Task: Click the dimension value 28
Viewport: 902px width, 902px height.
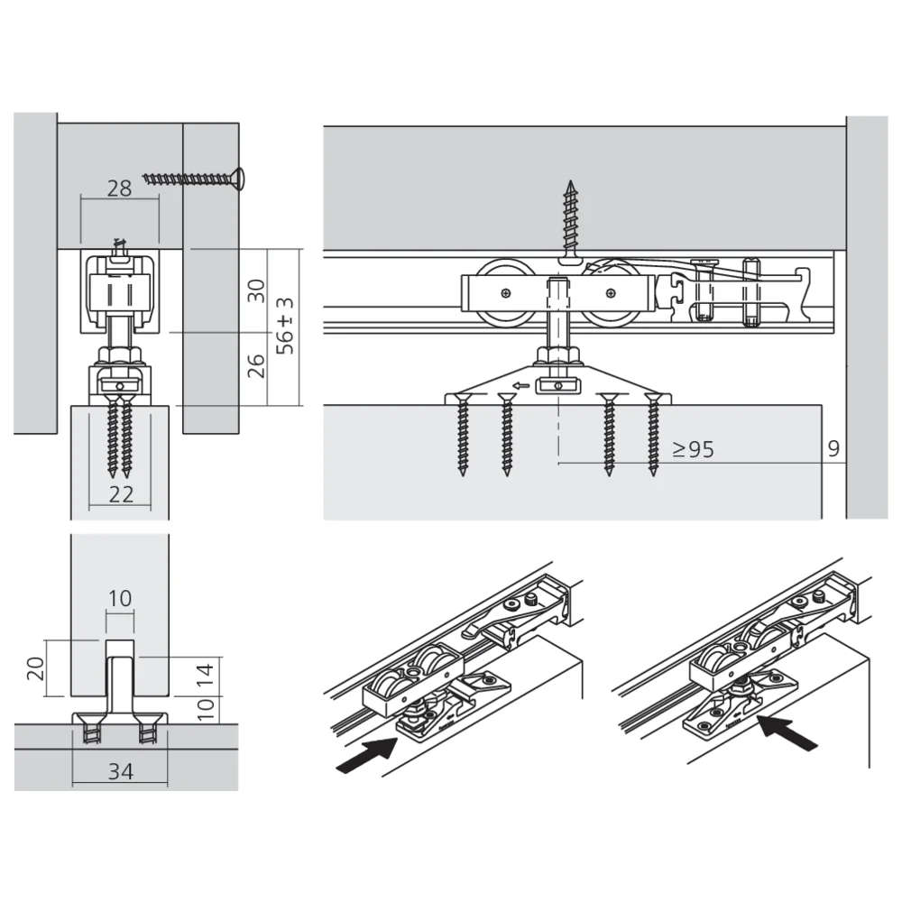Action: coord(119,189)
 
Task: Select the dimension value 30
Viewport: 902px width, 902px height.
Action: coord(257,290)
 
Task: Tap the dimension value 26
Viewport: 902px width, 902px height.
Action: coord(257,365)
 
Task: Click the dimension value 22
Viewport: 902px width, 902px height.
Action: coord(121,493)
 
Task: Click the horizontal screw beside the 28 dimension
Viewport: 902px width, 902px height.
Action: coord(195,177)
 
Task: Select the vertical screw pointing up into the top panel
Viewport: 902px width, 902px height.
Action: coord(569,221)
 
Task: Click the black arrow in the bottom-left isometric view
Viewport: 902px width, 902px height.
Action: coord(367,754)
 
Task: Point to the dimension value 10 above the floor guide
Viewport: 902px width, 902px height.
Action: coord(120,597)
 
